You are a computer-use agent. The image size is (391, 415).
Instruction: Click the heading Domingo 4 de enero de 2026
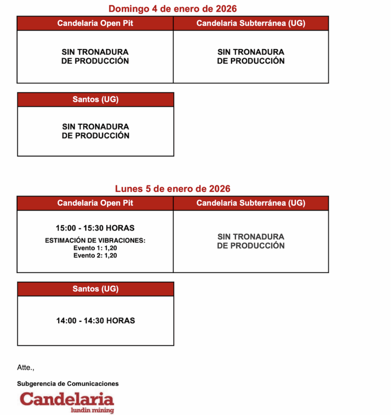172,8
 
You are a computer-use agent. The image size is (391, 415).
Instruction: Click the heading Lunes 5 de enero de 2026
172,189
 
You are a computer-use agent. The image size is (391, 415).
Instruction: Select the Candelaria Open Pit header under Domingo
95,23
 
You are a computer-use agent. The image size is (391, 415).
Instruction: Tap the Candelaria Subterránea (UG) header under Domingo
251,23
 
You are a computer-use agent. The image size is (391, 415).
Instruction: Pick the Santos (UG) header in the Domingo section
95,99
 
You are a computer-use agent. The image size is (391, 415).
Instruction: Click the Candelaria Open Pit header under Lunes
95,203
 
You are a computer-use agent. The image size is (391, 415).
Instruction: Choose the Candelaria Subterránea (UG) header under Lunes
251,203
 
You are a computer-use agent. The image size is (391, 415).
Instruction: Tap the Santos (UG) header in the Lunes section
95,289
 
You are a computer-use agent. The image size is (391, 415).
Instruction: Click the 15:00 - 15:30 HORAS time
95,228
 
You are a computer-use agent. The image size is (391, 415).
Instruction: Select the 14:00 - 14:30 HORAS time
95,320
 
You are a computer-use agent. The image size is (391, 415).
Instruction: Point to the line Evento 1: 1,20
95,248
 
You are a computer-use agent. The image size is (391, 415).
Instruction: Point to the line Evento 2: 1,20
95,255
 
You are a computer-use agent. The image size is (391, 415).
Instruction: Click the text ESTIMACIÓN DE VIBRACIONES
95,241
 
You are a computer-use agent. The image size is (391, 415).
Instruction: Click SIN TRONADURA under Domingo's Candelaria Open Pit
95,52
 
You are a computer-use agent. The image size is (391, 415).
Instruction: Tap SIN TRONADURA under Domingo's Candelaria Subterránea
251,52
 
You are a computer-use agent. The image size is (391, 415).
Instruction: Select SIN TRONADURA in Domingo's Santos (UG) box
95,127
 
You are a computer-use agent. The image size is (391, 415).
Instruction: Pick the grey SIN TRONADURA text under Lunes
251,237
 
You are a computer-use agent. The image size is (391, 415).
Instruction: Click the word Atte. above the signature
26,367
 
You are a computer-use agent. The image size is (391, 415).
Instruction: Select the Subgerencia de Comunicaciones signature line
68,383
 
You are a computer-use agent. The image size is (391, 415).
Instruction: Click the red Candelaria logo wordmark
67,399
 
